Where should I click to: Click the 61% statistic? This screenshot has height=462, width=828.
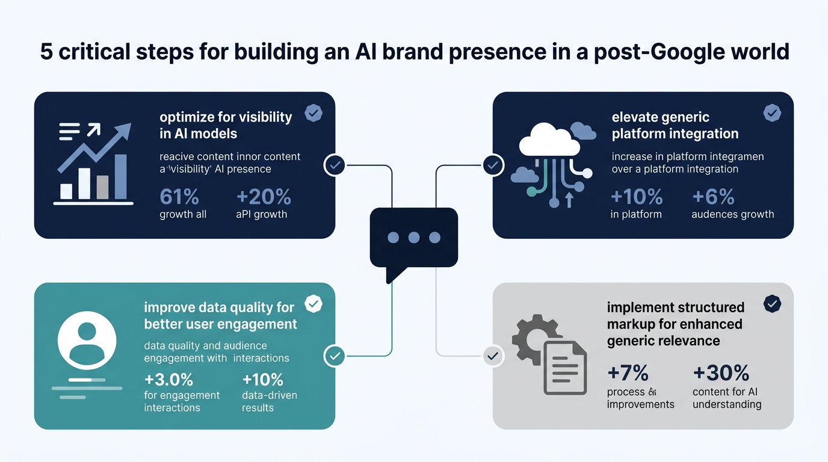click(180, 197)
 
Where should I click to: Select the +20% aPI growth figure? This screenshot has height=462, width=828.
click(264, 197)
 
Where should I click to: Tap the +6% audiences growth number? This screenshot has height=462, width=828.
click(714, 197)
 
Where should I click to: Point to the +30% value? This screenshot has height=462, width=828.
click(721, 373)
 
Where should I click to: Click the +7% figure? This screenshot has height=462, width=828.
click(628, 373)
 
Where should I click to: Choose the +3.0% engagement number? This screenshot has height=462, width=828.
click(168, 380)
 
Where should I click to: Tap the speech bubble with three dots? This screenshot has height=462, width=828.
click(414, 239)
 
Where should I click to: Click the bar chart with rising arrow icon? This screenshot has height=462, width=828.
click(94, 164)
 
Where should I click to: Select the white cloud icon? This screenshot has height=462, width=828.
click(549, 141)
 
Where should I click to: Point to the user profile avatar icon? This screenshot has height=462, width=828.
click(87, 340)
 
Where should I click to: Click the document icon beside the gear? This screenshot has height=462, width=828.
click(565, 367)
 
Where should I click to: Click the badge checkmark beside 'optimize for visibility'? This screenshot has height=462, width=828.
click(313, 112)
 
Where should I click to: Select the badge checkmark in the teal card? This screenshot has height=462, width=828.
click(313, 304)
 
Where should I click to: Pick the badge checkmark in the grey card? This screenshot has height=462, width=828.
click(772, 304)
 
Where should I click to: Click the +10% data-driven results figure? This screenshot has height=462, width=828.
click(262, 380)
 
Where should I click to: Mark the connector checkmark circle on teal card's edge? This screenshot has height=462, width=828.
click(335, 356)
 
